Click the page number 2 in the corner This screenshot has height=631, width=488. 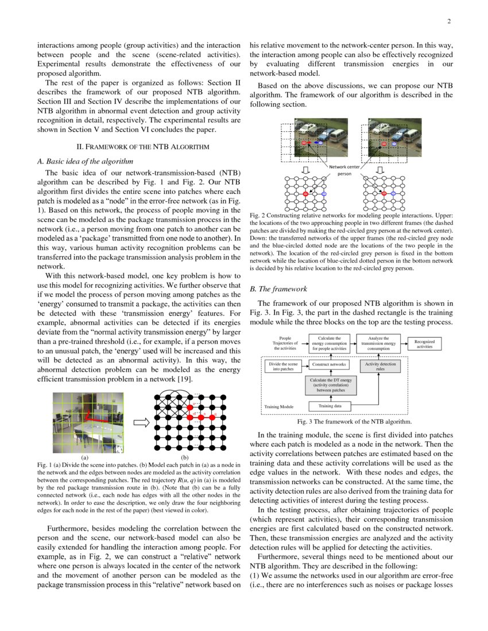448,22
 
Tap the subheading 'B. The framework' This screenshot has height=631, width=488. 278,289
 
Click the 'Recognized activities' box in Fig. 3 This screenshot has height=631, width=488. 425,344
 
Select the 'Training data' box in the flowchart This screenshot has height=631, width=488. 330,406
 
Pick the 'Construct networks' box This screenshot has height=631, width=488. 330,364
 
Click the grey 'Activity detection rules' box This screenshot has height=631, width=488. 380,367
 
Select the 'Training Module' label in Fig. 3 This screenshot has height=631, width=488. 279,407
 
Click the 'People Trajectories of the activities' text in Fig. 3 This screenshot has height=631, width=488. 285,344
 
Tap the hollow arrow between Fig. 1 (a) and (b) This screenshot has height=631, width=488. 141,423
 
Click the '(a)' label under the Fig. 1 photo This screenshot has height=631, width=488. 85,457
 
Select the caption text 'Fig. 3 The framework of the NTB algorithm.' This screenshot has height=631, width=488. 351,422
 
